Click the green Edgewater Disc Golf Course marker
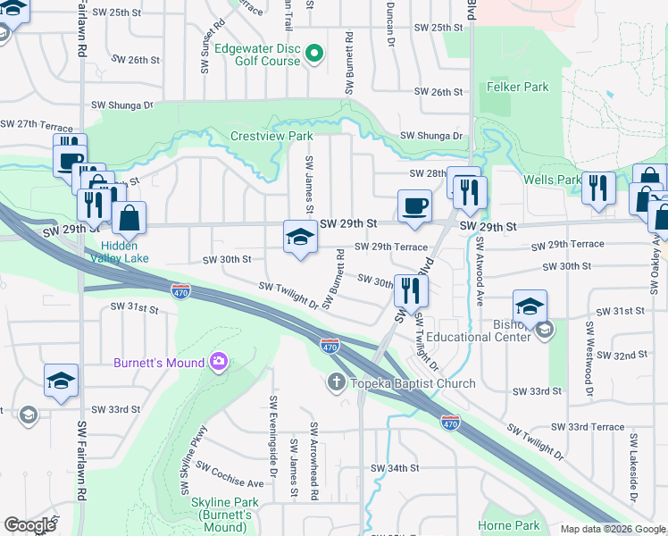313,54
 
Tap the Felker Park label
518,88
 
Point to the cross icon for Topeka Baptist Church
337,383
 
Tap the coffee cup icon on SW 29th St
414,205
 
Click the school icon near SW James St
300,237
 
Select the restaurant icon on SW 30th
411,289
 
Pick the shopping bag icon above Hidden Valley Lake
129,217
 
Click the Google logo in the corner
29,525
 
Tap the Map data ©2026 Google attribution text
613,529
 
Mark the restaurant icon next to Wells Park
597,188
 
